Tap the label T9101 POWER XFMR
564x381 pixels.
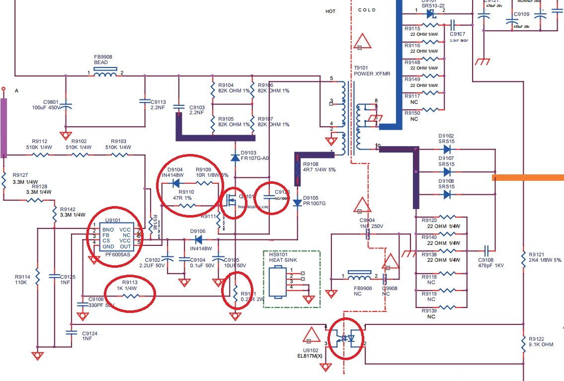372,71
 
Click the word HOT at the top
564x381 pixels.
330,11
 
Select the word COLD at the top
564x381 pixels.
367,10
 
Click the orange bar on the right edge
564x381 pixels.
528,176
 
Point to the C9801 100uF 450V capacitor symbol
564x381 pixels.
67,105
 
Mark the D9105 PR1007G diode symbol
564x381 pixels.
297,202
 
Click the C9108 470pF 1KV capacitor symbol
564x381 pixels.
487,248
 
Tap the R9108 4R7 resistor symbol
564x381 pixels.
297,167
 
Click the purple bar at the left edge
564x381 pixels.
4,127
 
